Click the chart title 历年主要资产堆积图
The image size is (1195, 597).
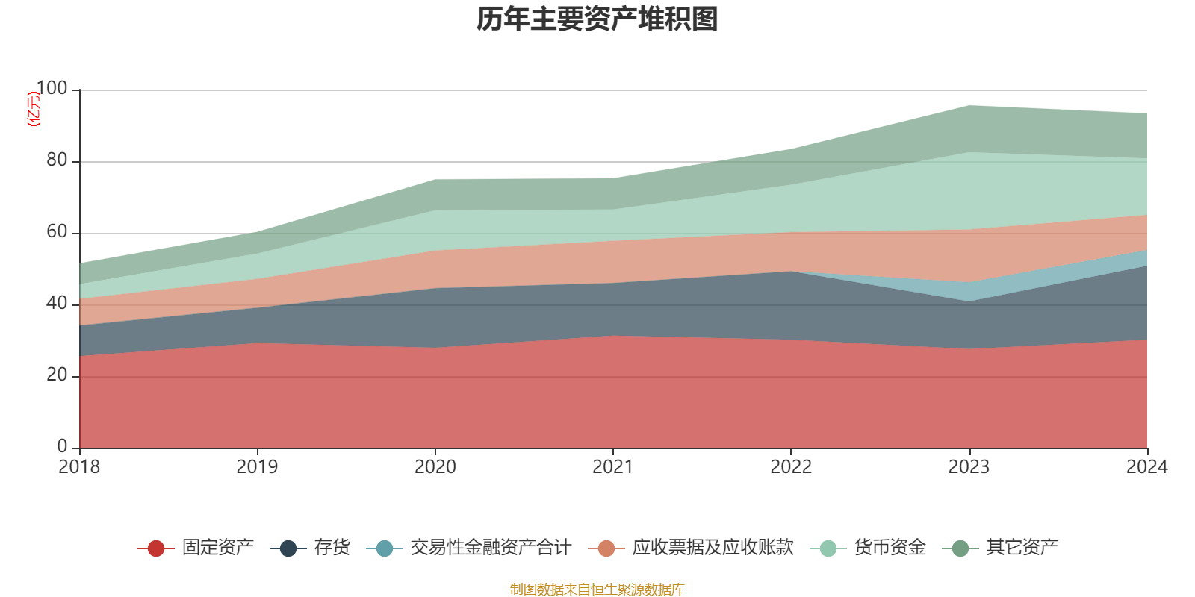point(597,19)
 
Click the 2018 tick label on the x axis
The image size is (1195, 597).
point(79,467)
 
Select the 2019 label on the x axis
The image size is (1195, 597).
point(257,467)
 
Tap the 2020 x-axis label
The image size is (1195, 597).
point(435,467)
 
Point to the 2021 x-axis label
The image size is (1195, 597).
point(613,467)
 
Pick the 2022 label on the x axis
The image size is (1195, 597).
point(791,467)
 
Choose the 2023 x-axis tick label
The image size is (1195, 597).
point(969,467)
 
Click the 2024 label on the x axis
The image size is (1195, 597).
point(1146,467)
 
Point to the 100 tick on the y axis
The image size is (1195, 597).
point(52,89)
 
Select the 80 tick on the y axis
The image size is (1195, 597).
point(57,160)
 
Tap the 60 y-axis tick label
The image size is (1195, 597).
point(57,232)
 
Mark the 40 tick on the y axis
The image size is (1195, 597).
point(57,304)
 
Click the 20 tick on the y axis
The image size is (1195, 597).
point(57,375)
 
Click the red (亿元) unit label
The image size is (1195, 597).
point(33,109)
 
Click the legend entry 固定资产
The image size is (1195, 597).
point(217,548)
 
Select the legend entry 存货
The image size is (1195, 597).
point(332,548)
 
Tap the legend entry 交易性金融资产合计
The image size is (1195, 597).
point(490,548)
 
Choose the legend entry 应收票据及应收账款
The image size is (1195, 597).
point(712,548)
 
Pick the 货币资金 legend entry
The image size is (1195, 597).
point(890,548)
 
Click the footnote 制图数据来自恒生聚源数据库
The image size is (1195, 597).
point(597,590)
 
